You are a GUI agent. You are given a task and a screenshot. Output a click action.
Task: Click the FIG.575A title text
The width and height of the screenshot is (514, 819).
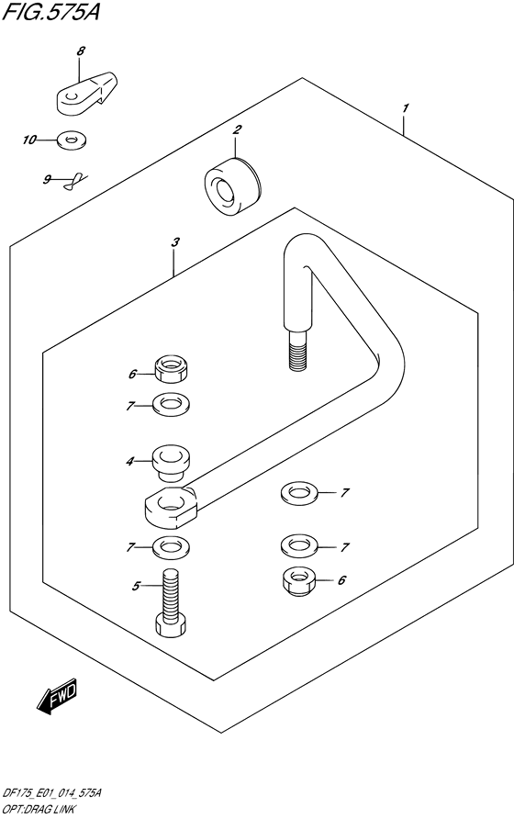(50, 12)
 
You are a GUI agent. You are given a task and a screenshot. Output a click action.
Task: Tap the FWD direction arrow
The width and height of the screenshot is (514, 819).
(57, 695)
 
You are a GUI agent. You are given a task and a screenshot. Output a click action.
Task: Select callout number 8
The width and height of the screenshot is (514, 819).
(81, 51)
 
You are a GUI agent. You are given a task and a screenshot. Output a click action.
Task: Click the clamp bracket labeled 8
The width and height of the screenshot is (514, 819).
(86, 93)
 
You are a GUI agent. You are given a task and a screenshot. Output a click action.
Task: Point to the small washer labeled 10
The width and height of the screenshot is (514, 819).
(72, 140)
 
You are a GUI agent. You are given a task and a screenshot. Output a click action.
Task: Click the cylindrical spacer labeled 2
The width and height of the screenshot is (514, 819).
(232, 186)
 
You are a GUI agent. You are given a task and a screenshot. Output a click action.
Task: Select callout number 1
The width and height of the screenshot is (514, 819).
(406, 108)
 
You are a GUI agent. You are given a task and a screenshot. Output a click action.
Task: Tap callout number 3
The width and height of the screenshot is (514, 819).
(175, 242)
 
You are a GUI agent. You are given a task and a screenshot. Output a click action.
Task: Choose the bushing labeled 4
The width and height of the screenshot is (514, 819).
(171, 462)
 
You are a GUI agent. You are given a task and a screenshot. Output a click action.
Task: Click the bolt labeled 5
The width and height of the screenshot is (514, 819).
(171, 602)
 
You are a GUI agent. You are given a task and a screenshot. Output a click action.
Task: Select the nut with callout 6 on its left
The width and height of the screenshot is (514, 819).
(171, 369)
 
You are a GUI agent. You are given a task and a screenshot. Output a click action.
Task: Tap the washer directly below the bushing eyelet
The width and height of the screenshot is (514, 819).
(171, 547)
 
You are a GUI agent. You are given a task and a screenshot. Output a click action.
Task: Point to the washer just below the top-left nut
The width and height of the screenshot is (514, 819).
(171, 404)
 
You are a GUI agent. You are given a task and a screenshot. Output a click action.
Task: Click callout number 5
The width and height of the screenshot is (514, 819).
(137, 587)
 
